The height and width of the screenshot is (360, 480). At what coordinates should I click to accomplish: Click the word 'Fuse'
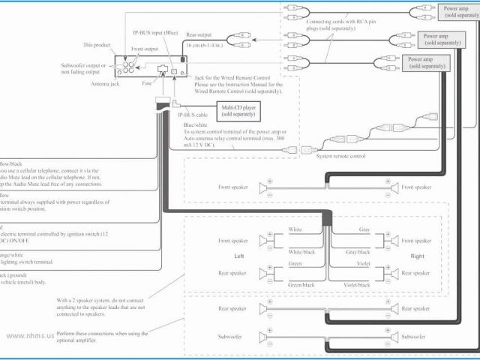(x=147, y=84)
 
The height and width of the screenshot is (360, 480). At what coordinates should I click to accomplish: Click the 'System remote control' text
(x=340, y=156)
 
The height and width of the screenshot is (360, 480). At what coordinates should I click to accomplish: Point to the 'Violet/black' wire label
(x=358, y=285)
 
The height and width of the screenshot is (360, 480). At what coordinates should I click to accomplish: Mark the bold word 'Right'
(x=418, y=256)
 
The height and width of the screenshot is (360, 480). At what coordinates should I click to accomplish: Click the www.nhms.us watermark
(x=30, y=336)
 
